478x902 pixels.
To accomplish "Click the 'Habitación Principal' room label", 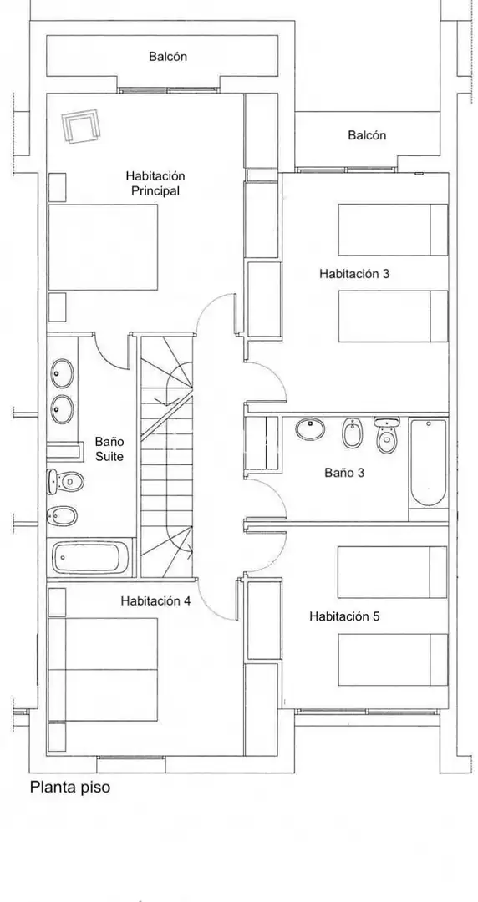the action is click(x=155, y=183).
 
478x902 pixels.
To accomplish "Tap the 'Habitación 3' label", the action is click(x=354, y=274).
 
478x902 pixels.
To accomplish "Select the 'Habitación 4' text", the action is click(x=155, y=601).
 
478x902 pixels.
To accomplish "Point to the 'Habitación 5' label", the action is click(x=344, y=616).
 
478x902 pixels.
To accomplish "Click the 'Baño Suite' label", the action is click(x=109, y=449).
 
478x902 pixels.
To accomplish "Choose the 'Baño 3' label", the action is click(x=344, y=473).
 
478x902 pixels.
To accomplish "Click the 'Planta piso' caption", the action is click(x=69, y=788).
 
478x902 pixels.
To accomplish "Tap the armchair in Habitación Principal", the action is click(x=80, y=125).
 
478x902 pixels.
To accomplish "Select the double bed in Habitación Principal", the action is click(x=103, y=247).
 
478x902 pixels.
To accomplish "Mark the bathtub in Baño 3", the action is click(x=429, y=463).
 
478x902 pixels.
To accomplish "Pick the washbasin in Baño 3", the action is click(x=310, y=429).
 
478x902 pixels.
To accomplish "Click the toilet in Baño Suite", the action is click(x=65, y=481).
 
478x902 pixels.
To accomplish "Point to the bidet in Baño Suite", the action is click(x=62, y=515).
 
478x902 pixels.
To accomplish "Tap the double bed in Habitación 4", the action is click(x=103, y=669).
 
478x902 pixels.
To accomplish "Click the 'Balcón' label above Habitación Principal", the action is click(x=168, y=57).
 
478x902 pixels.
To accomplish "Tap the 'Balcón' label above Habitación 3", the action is click(x=367, y=136).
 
